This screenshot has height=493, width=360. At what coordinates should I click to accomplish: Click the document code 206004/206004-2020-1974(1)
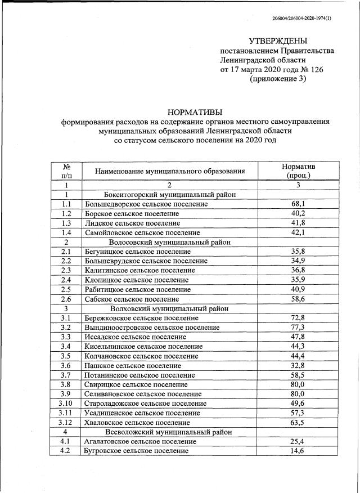click(x=301, y=19)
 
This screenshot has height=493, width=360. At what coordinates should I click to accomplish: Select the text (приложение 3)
click(x=278, y=79)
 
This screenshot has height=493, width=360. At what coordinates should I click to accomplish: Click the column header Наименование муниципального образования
click(x=170, y=171)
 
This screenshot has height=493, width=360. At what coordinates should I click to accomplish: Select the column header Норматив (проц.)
click(x=298, y=171)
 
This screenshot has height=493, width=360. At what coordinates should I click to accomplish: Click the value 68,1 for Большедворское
click(x=298, y=204)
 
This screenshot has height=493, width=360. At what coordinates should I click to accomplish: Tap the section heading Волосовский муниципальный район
click(x=170, y=242)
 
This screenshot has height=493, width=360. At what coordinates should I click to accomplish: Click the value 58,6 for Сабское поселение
click(x=298, y=299)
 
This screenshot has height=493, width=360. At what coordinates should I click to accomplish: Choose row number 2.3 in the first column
click(x=66, y=271)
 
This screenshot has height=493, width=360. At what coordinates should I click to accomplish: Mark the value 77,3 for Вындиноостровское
click(x=298, y=328)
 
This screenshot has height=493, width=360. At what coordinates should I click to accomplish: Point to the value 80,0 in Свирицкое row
click(x=298, y=385)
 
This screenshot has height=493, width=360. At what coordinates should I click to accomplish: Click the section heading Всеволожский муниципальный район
click(x=170, y=432)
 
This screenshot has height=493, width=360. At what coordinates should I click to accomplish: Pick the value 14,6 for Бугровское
click(x=298, y=451)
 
